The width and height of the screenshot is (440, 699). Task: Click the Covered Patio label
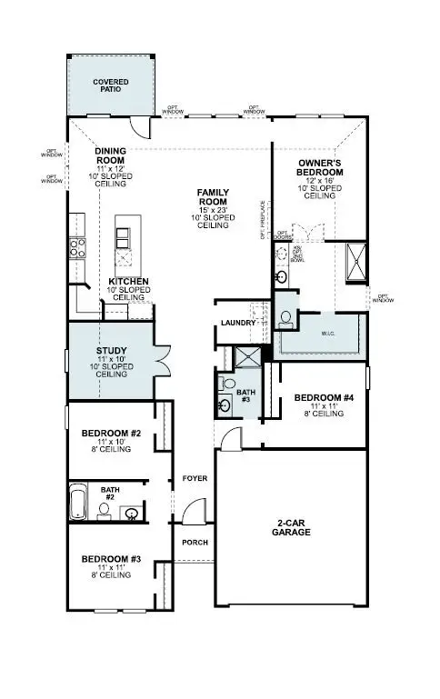pyautogui.click(x=110, y=85)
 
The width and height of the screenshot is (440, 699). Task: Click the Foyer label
pyautogui.click(x=195, y=477)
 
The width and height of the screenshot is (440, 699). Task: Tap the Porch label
pyautogui.click(x=195, y=543)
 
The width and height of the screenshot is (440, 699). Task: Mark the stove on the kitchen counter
pyautogui.click(x=76, y=245)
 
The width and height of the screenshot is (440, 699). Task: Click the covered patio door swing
pyautogui.click(x=135, y=125)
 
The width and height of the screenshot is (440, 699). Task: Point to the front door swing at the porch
pyautogui.click(x=192, y=515)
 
